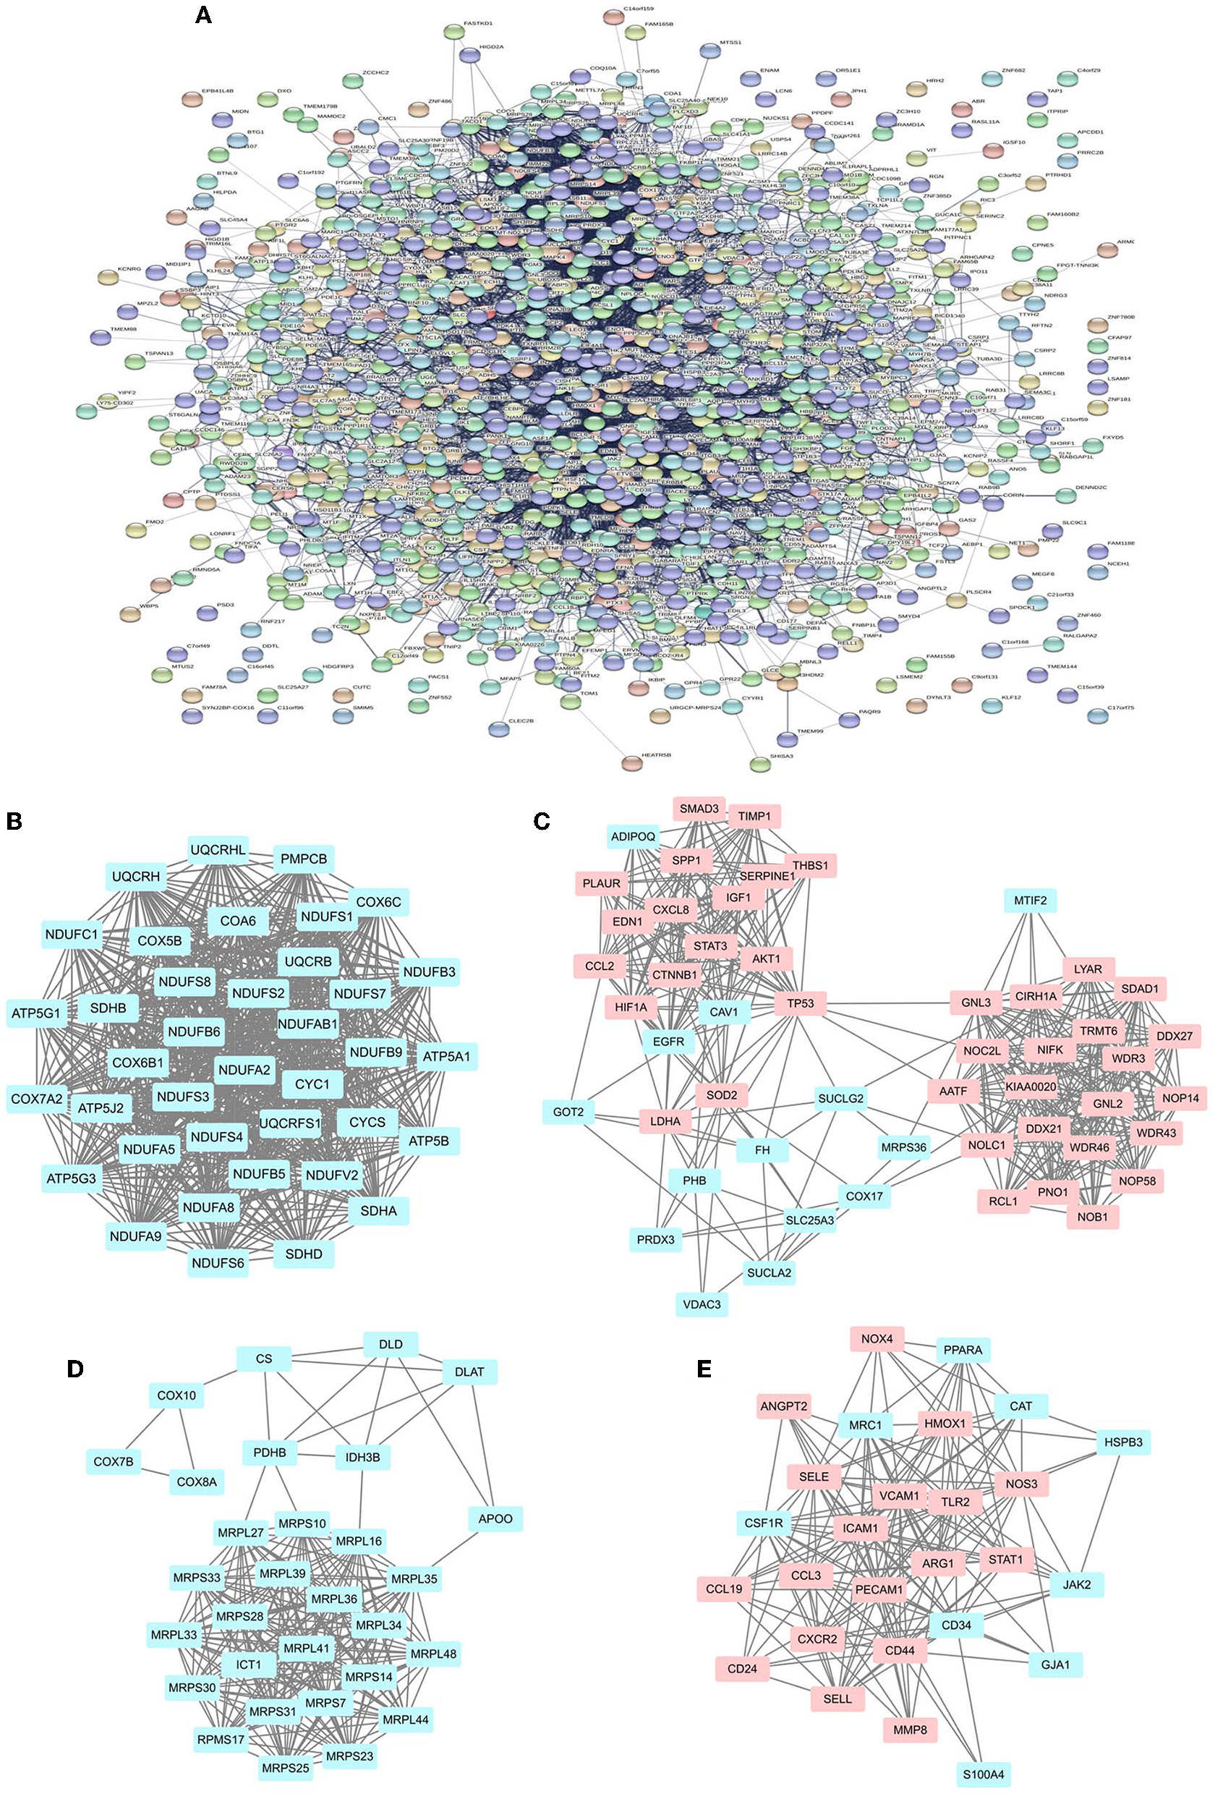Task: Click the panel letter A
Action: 203,14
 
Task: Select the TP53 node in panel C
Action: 801,1003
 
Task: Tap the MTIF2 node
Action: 1030,900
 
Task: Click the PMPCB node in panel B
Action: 303,859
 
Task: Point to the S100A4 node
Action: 983,1774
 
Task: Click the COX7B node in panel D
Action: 114,1461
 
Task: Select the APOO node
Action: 495,1518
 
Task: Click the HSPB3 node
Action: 1123,1442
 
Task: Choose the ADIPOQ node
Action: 633,836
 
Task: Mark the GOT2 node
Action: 568,1112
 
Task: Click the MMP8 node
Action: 910,1730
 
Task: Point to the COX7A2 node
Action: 37,1099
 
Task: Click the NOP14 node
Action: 1180,1097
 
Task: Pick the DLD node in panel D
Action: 391,1344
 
